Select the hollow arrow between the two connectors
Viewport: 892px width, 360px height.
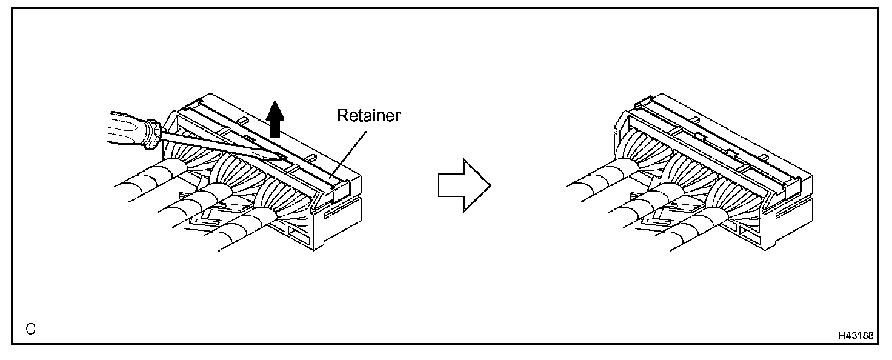[462, 185]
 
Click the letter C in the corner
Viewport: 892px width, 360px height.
[30, 329]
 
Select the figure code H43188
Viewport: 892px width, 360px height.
[856, 335]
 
